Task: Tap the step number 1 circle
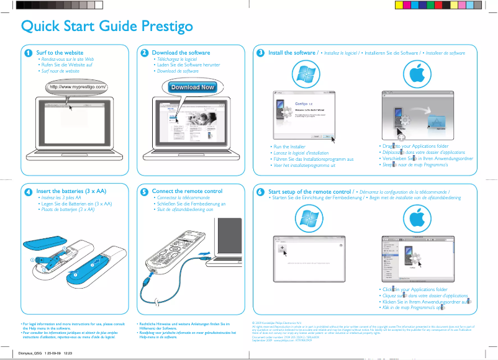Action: tap(28, 53)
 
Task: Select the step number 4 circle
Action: tap(28, 192)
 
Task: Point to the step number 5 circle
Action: tap(144, 192)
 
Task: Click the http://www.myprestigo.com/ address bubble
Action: tap(78, 87)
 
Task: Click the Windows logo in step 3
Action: tap(306, 74)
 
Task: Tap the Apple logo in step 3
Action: tap(421, 74)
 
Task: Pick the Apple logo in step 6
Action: tap(421, 217)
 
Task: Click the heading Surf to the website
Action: tap(60, 53)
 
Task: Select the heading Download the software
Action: tap(181, 53)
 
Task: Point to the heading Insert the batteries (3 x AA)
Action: tap(71, 191)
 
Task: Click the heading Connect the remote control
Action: tap(187, 191)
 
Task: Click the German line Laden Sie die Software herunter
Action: tap(188, 65)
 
